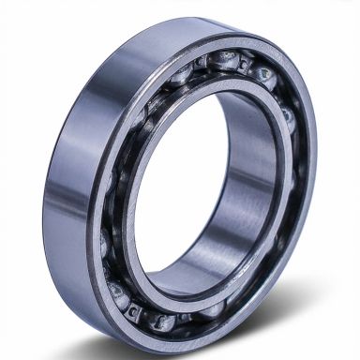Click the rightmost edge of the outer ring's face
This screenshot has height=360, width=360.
[x=313, y=169]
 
